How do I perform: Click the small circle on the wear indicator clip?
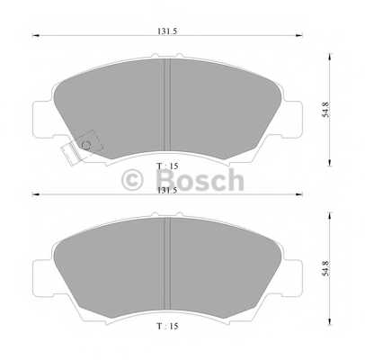click(x=86, y=144)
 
